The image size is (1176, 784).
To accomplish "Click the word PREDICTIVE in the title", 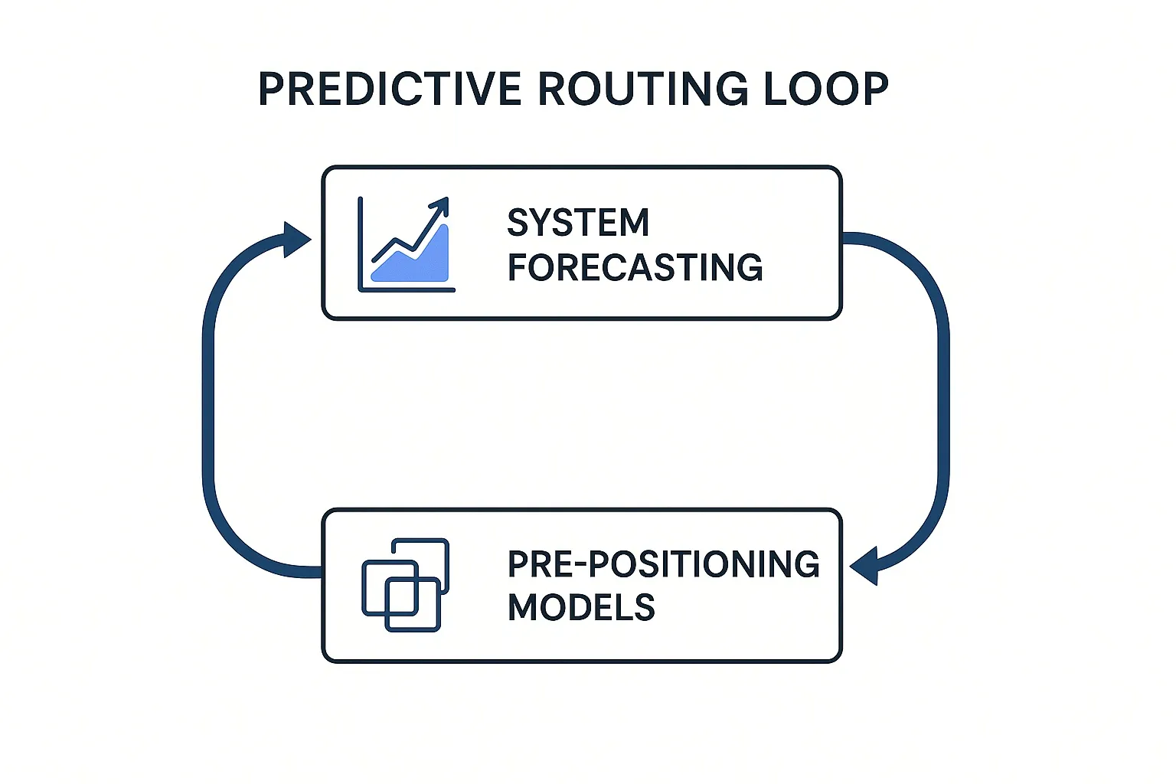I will coord(390,89).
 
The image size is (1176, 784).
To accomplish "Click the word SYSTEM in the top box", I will coord(578,223).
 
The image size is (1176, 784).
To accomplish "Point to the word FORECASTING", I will coord(635,268).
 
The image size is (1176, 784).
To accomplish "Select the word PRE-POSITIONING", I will coord(663,564).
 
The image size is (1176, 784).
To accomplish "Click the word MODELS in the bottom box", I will coord(581,608).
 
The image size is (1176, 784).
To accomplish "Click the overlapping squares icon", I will coord(405,585).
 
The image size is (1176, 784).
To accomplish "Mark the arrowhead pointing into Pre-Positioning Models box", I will coord(865,567).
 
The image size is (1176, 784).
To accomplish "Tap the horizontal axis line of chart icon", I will coord(407,289).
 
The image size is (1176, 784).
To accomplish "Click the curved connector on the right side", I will coord(942,398).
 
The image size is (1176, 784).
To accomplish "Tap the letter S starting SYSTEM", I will coord(518,223).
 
